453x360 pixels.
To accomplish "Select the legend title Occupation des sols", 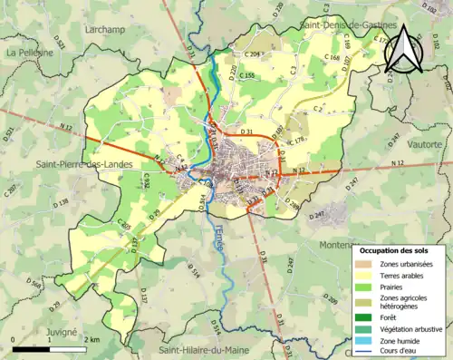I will (398, 249).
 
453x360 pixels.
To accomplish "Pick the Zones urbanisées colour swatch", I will (364, 263).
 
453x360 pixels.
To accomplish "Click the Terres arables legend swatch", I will (364, 275).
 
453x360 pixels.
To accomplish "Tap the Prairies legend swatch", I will (364, 287).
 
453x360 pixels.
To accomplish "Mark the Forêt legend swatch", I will (364, 316).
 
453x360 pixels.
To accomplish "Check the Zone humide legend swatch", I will (364, 340).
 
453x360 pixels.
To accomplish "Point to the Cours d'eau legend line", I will (364, 351).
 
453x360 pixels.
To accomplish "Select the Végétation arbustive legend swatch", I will (364, 328).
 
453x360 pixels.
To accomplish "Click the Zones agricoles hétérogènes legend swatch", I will (364, 301).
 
